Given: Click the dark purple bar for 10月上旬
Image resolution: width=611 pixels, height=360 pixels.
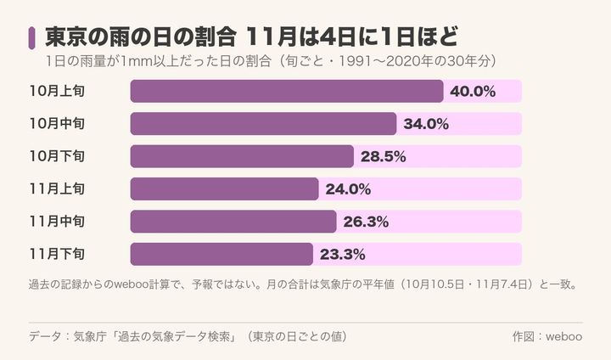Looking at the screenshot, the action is (x=287, y=91).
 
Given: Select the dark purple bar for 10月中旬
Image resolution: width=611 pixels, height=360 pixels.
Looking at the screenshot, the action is (x=263, y=124).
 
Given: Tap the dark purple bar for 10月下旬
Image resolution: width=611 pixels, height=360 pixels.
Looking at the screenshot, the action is (x=242, y=156).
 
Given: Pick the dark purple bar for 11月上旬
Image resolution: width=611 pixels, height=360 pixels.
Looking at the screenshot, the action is (x=224, y=188).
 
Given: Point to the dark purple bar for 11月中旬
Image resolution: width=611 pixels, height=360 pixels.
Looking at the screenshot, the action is (x=233, y=222).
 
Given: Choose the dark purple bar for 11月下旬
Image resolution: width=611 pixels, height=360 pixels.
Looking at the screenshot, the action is (x=221, y=254).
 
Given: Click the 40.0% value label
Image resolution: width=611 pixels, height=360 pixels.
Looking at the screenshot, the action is (x=473, y=91).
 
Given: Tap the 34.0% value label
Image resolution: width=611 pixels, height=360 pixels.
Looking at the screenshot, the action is (x=426, y=124).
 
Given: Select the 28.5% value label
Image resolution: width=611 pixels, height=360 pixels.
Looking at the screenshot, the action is (x=383, y=156).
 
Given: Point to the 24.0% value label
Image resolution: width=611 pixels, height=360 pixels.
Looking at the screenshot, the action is (x=348, y=189).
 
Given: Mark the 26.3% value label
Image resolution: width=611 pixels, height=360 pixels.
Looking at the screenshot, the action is (x=366, y=222).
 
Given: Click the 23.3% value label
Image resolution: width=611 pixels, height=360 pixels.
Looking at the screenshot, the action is (x=343, y=255).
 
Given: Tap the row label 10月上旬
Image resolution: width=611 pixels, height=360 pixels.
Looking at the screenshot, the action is (x=58, y=91).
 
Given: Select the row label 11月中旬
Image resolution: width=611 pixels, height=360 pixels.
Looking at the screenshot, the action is (x=58, y=222).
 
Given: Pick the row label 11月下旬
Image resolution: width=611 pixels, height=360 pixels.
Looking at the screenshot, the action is (x=58, y=254).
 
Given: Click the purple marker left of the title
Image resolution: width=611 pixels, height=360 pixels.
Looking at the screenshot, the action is (x=31, y=38).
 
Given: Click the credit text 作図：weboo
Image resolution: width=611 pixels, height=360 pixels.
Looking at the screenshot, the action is (x=547, y=336).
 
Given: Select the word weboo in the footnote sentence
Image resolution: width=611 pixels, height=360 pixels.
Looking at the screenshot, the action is (x=131, y=284).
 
